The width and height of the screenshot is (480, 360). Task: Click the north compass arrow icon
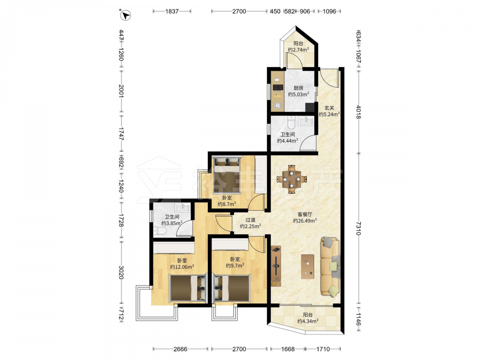pyautogui.click(x=125, y=15)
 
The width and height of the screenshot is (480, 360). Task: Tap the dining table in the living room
pyautogui.click(x=292, y=180)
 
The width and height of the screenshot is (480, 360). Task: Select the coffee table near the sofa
pyautogui.click(x=307, y=266)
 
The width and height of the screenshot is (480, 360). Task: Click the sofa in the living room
pyautogui.click(x=330, y=266)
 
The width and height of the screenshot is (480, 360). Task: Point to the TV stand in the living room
pyautogui.click(x=276, y=266)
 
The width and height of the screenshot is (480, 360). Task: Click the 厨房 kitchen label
pyautogui.click(x=298, y=88)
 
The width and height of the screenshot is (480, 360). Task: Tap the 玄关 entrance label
pyautogui.click(x=329, y=108)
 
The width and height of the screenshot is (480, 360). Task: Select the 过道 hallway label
pyautogui.click(x=251, y=220)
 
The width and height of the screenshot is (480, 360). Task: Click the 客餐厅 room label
pyautogui.click(x=305, y=214)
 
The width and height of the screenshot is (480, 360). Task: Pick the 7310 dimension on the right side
pyautogui.click(x=359, y=228)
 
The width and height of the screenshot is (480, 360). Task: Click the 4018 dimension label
pyautogui.click(x=359, y=112)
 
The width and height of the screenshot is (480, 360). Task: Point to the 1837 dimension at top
pyautogui.click(x=172, y=12)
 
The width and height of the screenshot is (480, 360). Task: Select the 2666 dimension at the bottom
pyautogui.click(x=180, y=349)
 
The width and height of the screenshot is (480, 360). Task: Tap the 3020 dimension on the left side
pyautogui.click(x=121, y=272)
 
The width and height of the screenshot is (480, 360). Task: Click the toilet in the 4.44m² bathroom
pyautogui.click(x=291, y=122)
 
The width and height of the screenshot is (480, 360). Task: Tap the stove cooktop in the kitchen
pyautogui.click(x=278, y=87)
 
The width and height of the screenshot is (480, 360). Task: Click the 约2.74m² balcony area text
pyautogui.click(x=298, y=49)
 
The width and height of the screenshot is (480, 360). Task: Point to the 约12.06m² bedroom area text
pyautogui.click(x=182, y=267)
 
